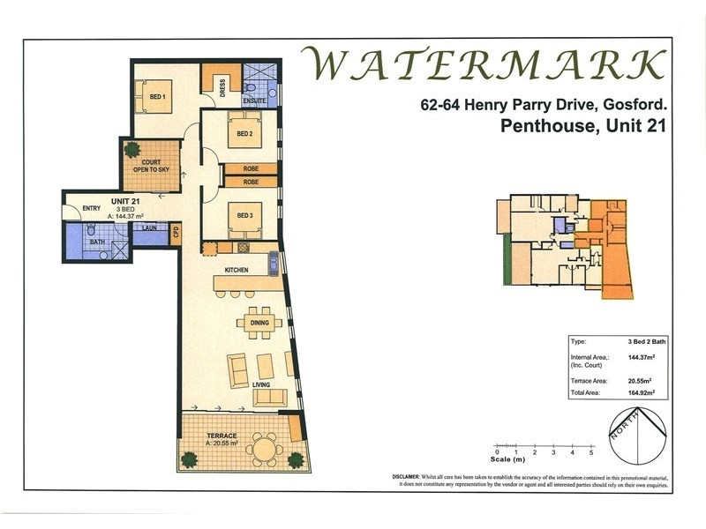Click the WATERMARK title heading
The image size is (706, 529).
click(x=483, y=64)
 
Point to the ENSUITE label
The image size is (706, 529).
click(x=255, y=101)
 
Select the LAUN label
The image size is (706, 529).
click(x=149, y=227)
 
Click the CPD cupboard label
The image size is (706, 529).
click(x=175, y=233)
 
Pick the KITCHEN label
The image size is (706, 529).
click(x=236, y=270)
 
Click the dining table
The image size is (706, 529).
click(x=259, y=322)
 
